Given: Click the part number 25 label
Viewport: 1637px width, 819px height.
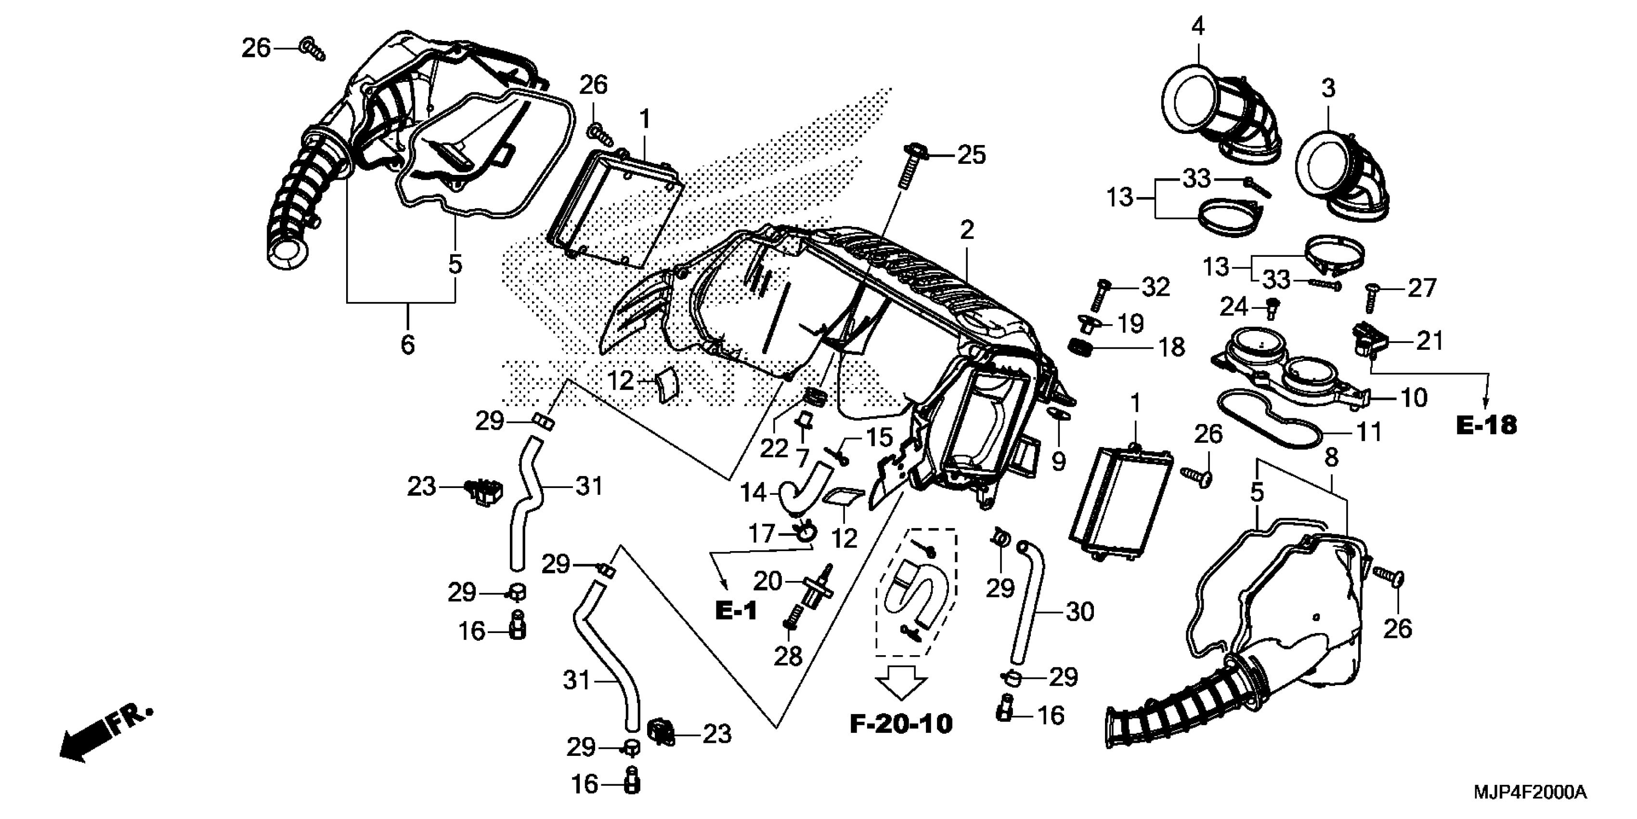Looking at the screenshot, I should pos(972,155).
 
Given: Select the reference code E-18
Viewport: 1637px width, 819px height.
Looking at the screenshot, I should pos(1486,425).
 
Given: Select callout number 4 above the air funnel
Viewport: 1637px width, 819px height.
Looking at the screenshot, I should pos(1197,26).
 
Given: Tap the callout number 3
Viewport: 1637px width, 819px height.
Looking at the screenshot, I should pos(1329,88).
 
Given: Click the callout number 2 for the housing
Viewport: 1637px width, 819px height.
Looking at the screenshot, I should pos(967,230).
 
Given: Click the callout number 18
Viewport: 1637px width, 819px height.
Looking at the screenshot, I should pos(1172,347).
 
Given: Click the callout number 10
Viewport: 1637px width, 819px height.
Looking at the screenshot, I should pos(1415,398).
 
